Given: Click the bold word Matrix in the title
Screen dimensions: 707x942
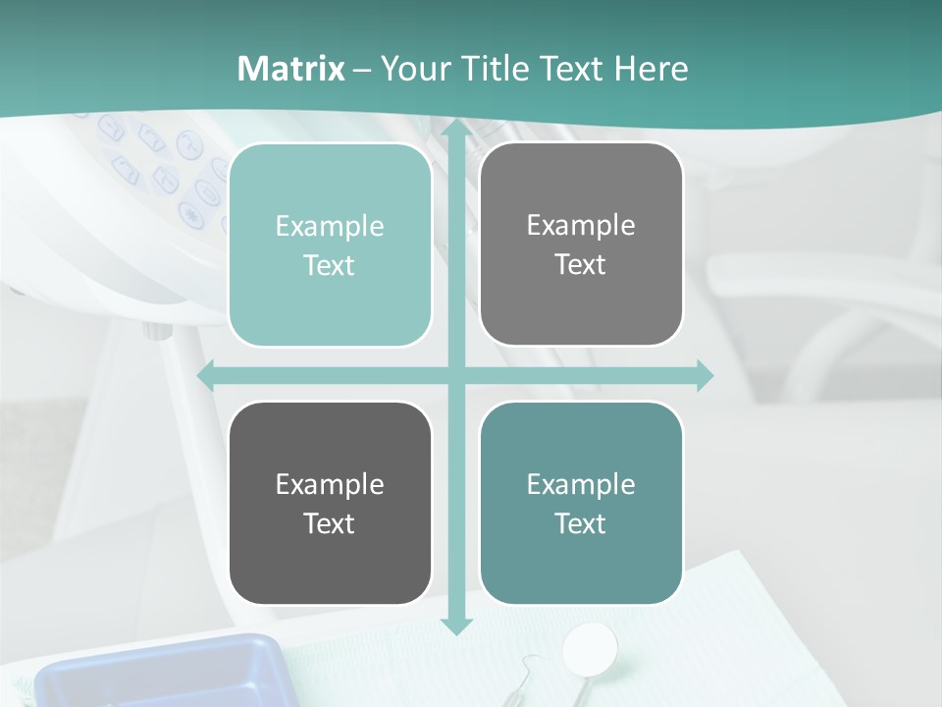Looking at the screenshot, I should [291, 69].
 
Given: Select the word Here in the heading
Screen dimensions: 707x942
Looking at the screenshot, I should [651, 69].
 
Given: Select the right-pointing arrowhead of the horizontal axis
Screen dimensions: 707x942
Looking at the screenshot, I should [705, 376].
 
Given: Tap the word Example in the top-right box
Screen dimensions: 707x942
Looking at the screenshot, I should [581, 226].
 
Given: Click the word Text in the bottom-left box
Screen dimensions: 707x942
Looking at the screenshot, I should [330, 523].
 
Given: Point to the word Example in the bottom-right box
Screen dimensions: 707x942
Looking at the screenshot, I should [581, 484].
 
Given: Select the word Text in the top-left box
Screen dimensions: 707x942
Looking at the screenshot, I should [330, 266].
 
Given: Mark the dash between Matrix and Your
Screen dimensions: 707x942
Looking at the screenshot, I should [362, 70].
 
